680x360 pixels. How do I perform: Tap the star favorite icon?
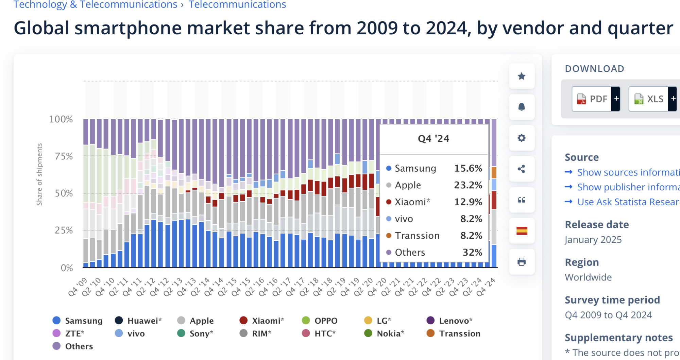point(522,76)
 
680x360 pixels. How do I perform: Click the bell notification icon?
point(522,107)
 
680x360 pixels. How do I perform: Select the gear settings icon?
point(522,138)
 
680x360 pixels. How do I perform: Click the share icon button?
point(522,169)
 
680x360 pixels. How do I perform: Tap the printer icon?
point(522,262)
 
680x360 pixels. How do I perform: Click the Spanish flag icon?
point(522,231)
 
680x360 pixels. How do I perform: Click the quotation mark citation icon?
point(522,200)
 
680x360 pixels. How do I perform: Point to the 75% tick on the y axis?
point(64,156)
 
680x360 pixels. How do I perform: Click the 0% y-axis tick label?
point(67,268)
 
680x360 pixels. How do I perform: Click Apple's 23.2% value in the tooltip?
point(468,185)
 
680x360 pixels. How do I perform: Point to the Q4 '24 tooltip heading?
point(434,139)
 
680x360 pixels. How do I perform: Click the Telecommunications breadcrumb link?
point(237,5)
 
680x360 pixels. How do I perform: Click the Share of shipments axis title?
point(39,174)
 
